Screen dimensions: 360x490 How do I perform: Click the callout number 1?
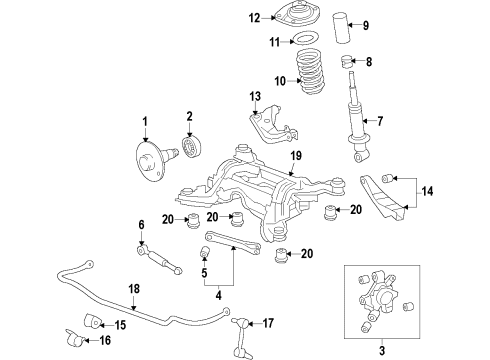click(x=144, y=121)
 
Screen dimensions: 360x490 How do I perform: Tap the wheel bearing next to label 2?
click(x=191, y=148)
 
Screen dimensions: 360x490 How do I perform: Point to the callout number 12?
click(x=254, y=16)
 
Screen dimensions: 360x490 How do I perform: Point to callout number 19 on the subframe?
click(x=295, y=155)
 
